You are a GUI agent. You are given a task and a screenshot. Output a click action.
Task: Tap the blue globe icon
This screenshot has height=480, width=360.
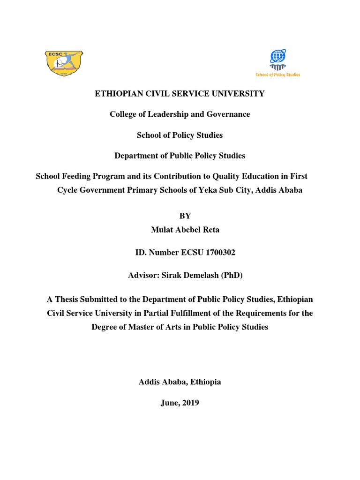(277, 57)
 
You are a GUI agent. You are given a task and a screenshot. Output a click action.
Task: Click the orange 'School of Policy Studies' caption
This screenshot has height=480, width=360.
(277, 75)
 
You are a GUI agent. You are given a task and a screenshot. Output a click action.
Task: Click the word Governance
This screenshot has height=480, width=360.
(228, 114)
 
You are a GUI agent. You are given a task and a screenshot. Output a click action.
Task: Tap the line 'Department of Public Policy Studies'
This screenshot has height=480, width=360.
(180, 156)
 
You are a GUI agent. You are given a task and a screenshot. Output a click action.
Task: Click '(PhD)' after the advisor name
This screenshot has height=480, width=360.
(230, 276)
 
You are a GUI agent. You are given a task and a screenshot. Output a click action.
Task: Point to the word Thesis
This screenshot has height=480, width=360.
(67, 299)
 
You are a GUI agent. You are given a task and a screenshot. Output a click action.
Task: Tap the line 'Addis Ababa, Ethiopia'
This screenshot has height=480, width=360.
(180, 382)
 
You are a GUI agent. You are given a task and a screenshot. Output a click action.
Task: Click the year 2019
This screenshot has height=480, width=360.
(190, 403)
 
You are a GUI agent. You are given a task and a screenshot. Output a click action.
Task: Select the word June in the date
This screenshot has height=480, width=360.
(169, 403)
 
